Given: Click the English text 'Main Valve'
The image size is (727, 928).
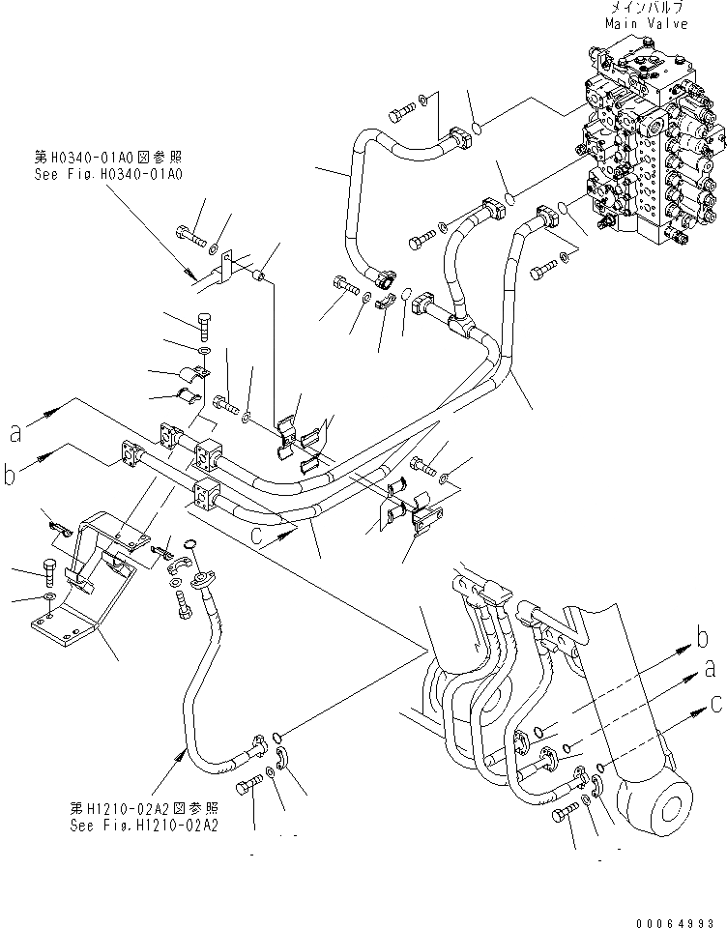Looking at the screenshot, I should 647,23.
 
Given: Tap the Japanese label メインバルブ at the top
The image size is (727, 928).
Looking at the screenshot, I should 647,8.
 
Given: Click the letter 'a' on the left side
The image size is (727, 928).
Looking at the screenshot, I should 15,432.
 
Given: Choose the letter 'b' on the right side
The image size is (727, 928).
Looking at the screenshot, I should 703,638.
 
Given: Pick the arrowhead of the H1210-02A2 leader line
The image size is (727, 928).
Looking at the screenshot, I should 182,753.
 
